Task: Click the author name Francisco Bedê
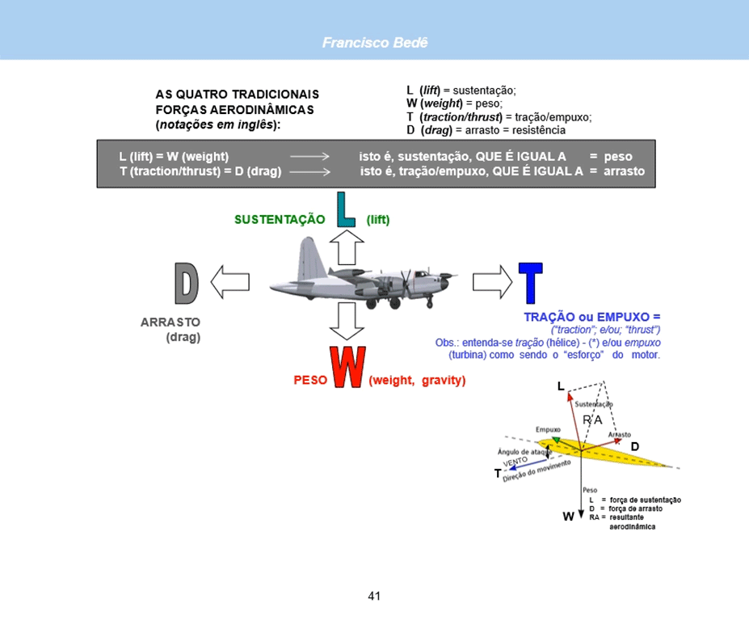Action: coord(374,42)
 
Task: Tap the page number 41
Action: coord(374,597)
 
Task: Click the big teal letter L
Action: coord(346,210)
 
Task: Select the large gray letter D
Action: coord(187,283)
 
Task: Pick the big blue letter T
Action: coord(530,284)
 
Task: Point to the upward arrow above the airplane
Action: coord(347,246)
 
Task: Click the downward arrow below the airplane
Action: coord(347,323)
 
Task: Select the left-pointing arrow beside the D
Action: coord(229,282)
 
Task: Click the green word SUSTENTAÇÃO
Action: coord(280,220)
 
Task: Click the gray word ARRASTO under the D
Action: coord(170,322)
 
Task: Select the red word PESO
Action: coord(309,380)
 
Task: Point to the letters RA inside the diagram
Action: coord(592,420)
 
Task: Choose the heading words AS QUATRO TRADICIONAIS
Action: coord(237,95)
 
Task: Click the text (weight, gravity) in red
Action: coord(417,380)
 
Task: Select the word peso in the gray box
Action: coord(617,156)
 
